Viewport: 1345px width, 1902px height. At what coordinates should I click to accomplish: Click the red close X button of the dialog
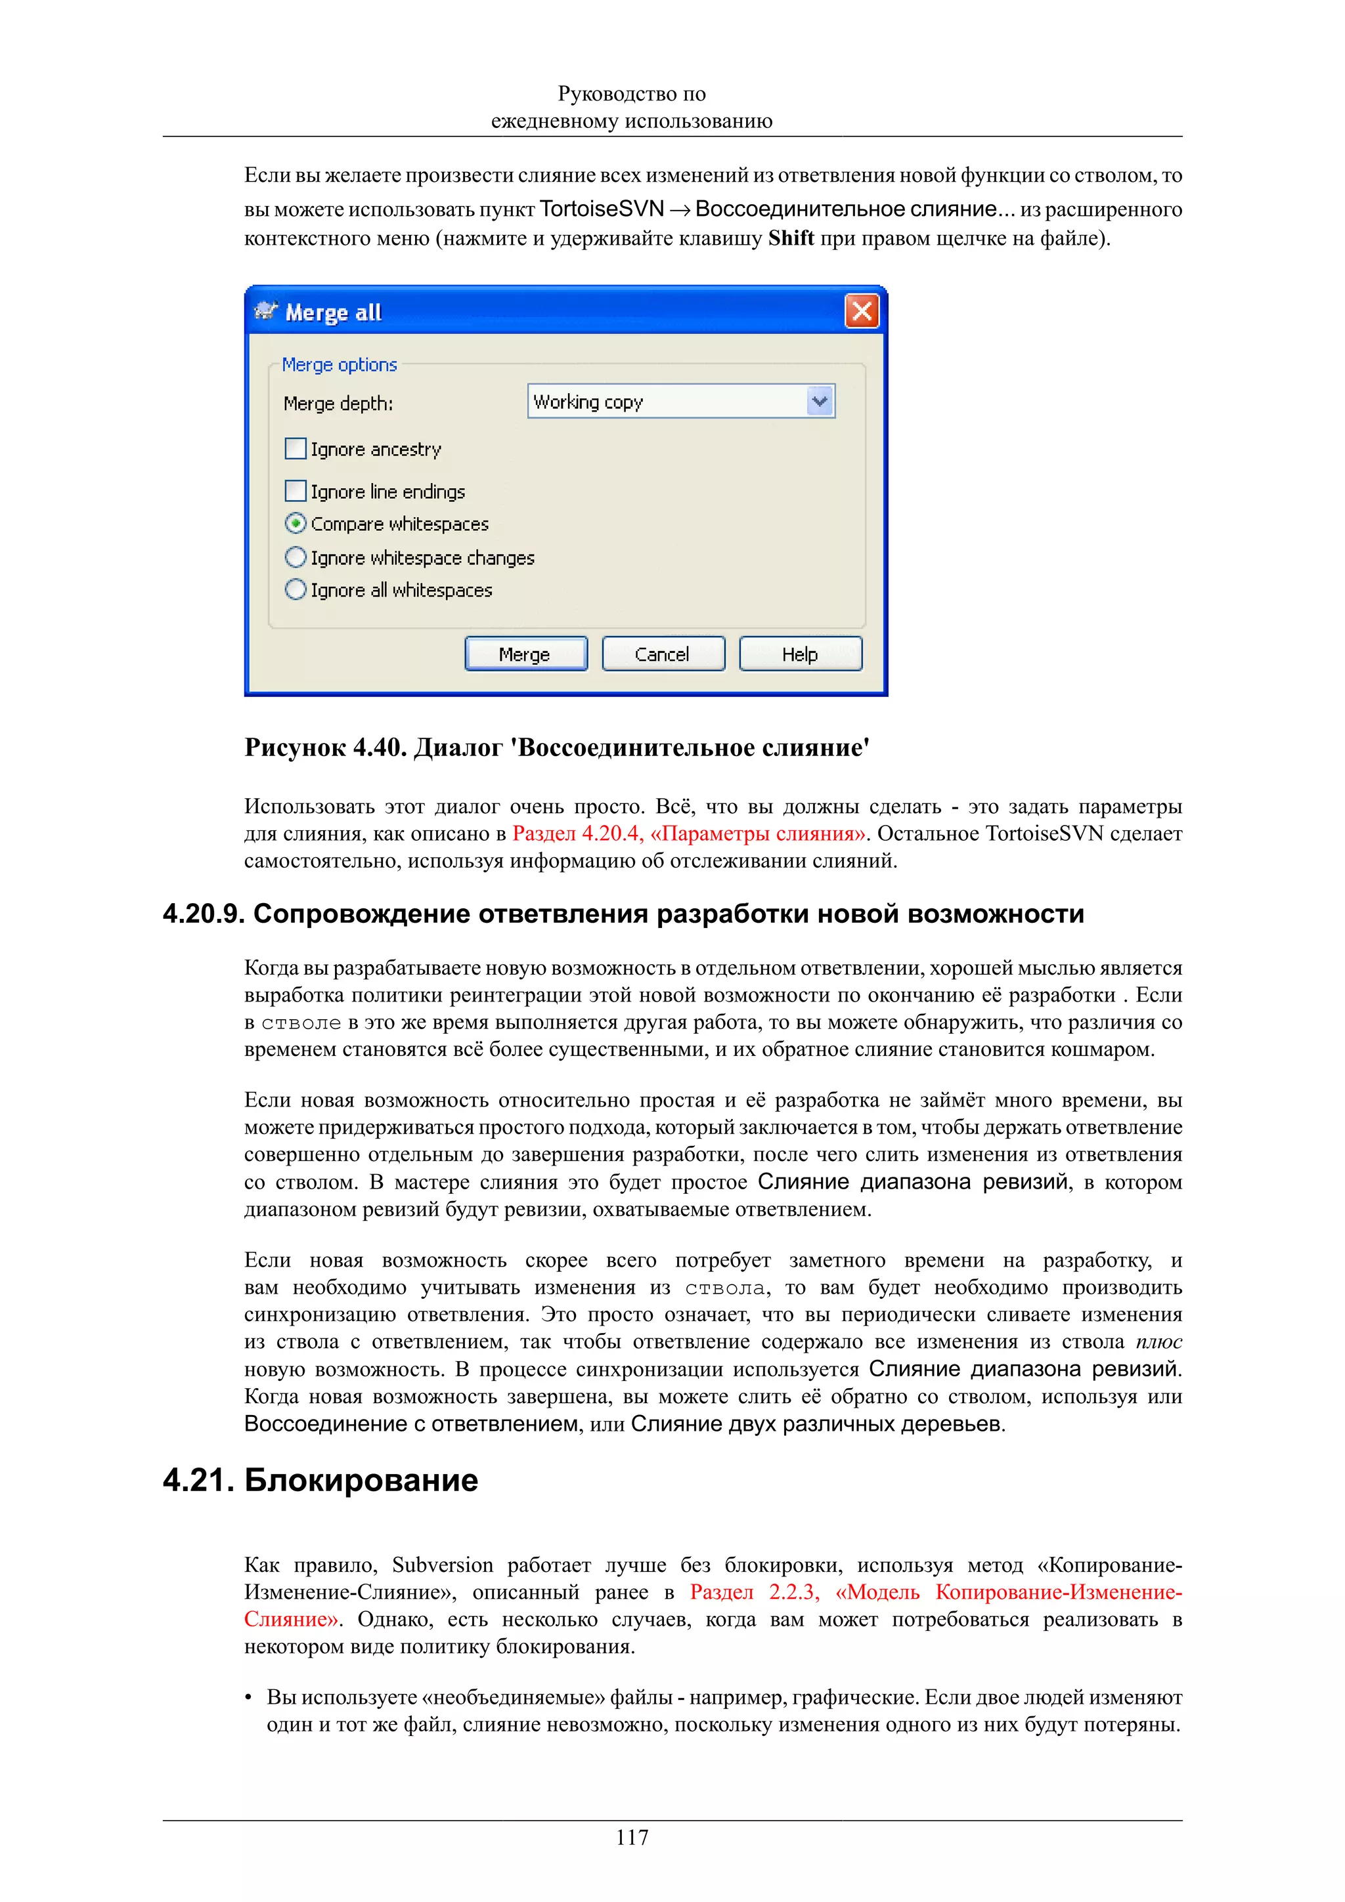(x=862, y=312)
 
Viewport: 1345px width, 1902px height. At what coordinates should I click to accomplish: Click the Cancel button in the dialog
(x=662, y=654)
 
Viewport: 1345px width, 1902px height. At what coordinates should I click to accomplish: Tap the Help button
(x=800, y=654)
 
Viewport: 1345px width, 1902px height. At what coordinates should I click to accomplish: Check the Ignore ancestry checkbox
(x=295, y=449)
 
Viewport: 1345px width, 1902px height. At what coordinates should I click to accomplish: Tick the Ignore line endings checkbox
(x=295, y=491)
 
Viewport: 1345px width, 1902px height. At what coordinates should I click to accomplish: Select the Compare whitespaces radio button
(x=295, y=524)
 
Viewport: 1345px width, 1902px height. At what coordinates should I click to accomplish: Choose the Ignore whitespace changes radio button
(x=295, y=557)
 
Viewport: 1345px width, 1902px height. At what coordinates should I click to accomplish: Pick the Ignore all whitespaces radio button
(x=295, y=590)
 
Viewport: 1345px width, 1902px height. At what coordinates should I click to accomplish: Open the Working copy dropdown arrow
(x=820, y=402)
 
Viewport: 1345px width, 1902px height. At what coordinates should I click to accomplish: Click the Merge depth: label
(x=338, y=404)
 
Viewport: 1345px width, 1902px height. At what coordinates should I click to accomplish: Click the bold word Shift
(x=791, y=239)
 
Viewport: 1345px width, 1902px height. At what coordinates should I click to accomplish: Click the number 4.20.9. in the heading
(x=203, y=914)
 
